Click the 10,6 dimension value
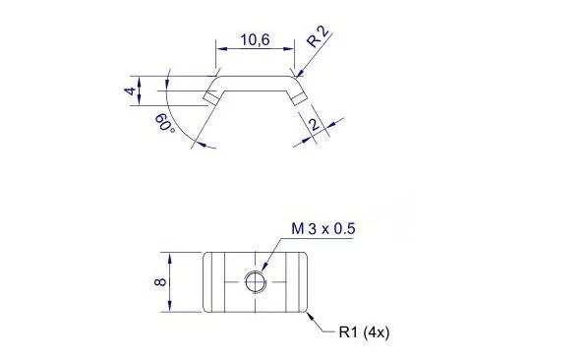[255, 39]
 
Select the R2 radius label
[318, 36]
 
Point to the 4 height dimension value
[130, 90]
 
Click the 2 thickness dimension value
[315, 124]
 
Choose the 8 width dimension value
[160, 281]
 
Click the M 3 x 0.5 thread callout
[323, 228]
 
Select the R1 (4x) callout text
[364, 331]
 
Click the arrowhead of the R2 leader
[299, 75]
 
